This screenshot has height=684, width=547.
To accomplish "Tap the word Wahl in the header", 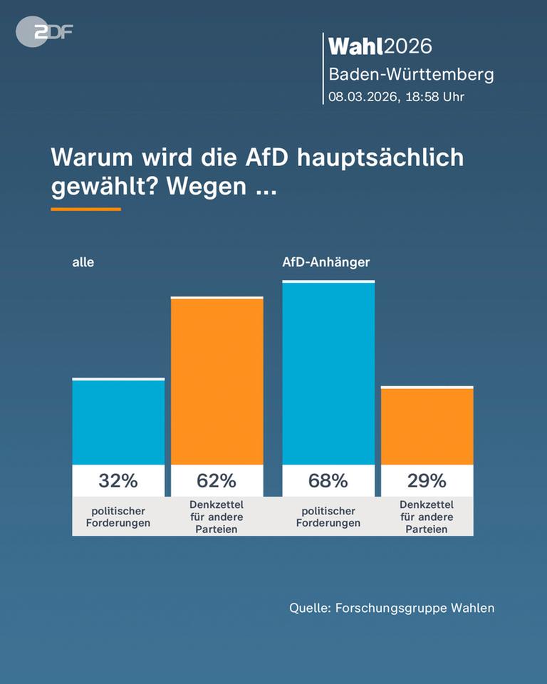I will (x=355, y=46).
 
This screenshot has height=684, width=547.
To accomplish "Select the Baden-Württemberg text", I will (x=410, y=74).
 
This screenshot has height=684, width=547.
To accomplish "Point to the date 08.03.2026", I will (x=362, y=97).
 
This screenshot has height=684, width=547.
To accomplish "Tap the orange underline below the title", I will (x=85, y=209).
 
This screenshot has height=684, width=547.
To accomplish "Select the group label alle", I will (x=83, y=262).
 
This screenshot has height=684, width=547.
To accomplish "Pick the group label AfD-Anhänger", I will (x=325, y=262).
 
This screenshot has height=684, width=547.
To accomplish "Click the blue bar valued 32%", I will (x=118, y=422).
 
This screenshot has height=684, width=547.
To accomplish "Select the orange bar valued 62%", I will (x=217, y=381).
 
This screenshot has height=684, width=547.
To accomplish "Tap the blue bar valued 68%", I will (x=328, y=373).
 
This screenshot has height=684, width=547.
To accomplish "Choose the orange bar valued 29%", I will (x=427, y=426).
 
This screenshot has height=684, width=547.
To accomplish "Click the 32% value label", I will (x=118, y=481).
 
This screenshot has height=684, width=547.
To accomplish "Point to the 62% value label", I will (x=217, y=481).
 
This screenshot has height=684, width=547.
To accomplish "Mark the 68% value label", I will (x=328, y=481).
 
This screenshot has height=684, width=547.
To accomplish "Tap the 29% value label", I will (x=427, y=481).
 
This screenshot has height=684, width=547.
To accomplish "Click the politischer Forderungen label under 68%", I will (x=328, y=517).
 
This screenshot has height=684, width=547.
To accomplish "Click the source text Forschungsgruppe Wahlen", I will (x=415, y=608).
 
